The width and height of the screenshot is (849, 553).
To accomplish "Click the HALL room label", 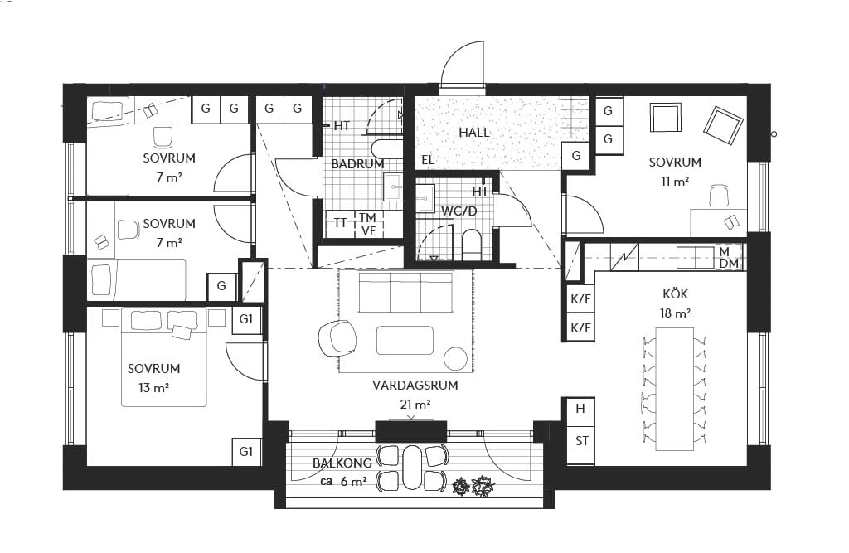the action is (x=473, y=132).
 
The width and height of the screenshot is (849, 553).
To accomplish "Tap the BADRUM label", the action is (x=357, y=163).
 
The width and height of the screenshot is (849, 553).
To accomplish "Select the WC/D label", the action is (x=458, y=211).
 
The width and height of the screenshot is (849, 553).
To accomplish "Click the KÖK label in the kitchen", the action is (x=675, y=293).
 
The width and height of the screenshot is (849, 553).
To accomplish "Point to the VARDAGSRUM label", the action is (x=415, y=385).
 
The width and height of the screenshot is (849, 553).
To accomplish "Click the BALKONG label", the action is (x=342, y=463).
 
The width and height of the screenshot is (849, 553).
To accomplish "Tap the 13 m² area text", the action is (x=153, y=388).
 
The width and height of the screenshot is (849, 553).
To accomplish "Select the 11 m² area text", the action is (x=675, y=182).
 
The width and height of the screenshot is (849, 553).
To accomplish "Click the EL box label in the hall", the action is (x=428, y=160).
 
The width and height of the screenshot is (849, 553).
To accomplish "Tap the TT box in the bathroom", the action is (x=340, y=223).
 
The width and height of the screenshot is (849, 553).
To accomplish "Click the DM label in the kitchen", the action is (x=730, y=263).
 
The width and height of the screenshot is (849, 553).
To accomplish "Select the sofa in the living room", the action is (x=405, y=293).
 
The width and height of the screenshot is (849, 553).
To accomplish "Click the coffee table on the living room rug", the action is (x=405, y=340).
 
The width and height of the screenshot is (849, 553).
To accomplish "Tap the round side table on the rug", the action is (x=455, y=358).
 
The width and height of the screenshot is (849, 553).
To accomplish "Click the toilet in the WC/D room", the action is (x=472, y=245).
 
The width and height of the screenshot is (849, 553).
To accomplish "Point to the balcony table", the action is (x=412, y=467).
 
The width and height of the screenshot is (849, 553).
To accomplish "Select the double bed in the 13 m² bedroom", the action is (x=163, y=357).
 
